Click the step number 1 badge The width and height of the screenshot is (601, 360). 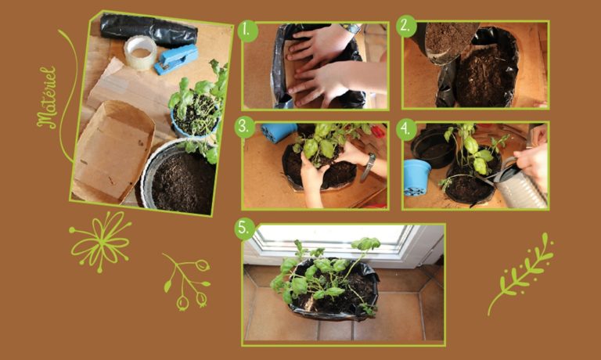247,31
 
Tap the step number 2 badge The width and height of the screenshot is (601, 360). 406,26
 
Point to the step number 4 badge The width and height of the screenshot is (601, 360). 406,129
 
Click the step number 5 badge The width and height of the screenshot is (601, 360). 244,229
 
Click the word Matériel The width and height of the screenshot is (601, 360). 48,97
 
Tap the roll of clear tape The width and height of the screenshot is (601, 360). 140,52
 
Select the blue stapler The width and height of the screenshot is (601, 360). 176,59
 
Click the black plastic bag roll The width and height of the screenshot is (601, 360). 149,30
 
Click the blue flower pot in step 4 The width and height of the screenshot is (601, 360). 416,178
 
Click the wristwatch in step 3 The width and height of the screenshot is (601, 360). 369,167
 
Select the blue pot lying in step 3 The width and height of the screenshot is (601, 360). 279,131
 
